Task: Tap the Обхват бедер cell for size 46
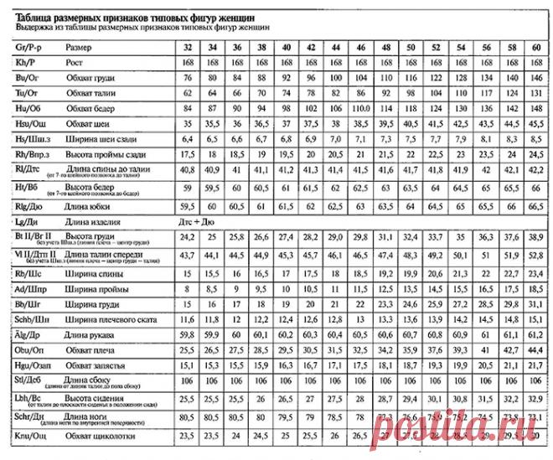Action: pos(359,109)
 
